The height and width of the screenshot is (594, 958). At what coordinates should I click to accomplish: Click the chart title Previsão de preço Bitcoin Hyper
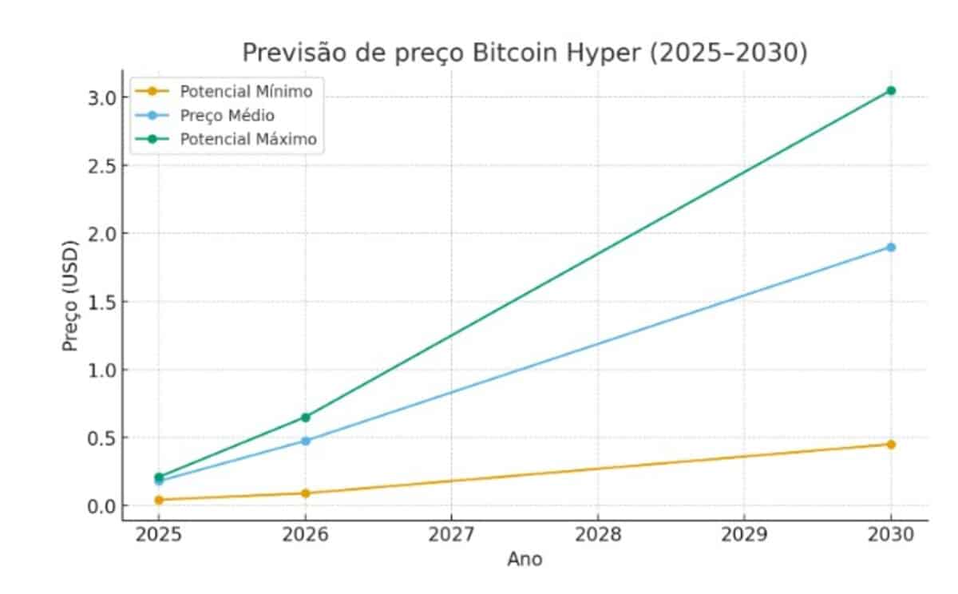(525, 53)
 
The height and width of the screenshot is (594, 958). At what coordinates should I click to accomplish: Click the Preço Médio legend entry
(227, 116)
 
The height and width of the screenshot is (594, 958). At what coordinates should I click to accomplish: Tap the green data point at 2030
(891, 91)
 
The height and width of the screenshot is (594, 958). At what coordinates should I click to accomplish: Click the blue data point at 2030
(891, 247)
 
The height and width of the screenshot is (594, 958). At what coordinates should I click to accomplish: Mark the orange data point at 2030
(891, 444)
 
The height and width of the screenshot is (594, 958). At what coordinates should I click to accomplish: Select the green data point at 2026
(305, 417)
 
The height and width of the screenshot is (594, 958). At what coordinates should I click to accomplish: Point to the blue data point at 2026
(305, 440)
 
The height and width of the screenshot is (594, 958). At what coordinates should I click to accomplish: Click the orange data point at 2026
(305, 493)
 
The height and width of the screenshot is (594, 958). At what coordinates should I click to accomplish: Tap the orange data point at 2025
(159, 500)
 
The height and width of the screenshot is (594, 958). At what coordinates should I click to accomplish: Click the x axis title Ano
(525, 560)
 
